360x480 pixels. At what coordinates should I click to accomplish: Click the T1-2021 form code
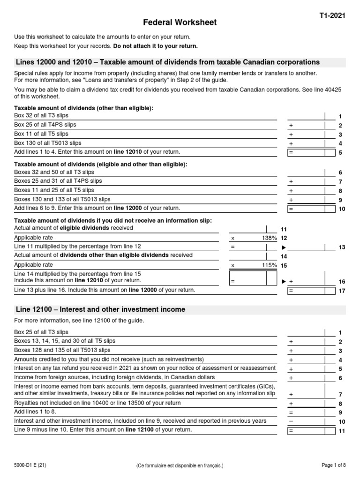(x=332, y=15)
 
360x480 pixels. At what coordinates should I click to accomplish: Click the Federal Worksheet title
(x=180, y=22)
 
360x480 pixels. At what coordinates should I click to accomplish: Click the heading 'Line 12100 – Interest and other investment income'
(x=100, y=309)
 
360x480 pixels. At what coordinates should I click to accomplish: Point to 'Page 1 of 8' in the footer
(x=334, y=465)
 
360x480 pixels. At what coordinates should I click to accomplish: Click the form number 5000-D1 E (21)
(x=30, y=465)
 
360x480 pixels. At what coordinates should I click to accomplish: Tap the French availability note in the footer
(x=180, y=465)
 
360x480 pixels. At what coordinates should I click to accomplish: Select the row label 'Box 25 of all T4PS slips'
(x=45, y=125)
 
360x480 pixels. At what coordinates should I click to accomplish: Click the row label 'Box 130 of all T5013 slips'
(x=48, y=143)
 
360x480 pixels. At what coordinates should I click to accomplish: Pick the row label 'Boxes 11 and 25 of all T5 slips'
(x=54, y=190)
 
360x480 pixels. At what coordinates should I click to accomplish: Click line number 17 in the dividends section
(x=341, y=291)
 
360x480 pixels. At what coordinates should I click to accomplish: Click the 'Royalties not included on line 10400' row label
(x=97, y=402)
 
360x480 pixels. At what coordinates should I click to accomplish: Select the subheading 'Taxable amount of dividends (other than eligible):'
(x=84, y=108)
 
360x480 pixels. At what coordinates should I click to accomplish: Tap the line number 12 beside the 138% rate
(x=284, y=238)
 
